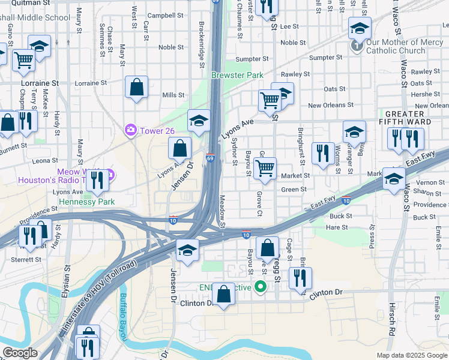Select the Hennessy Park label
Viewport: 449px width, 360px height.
pos(86,202)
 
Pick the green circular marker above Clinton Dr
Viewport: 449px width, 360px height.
pos(260,287)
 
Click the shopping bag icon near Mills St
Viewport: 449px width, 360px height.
pos(137,88)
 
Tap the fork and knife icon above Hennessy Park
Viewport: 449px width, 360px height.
pos(98,180)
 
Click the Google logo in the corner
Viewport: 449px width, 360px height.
pos(20,353)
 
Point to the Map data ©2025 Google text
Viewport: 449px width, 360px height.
pos(412,355)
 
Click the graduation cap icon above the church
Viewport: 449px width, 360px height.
pos(360,28)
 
